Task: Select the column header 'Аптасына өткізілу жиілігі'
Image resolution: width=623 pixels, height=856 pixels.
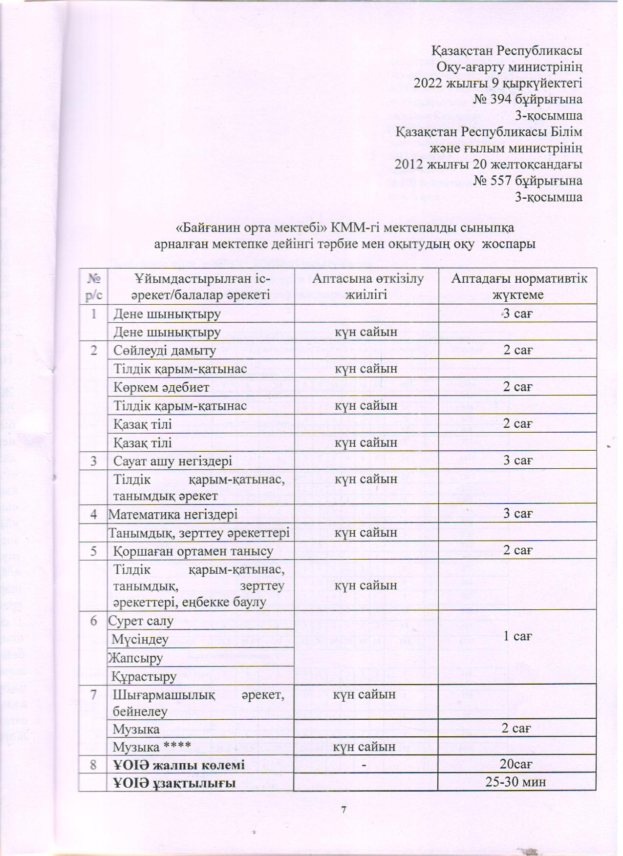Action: [x=366, y=286]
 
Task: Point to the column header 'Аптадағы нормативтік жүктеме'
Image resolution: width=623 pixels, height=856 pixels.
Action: [x=518, y=286]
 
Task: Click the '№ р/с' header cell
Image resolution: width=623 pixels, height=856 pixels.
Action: [x=93, y=286]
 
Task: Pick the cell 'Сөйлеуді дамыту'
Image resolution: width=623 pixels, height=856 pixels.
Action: [x=165, y=350]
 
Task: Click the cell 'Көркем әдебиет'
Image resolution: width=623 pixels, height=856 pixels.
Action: [x=161, y=387]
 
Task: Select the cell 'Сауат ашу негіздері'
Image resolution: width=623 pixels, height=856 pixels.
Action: [x=172, y=460]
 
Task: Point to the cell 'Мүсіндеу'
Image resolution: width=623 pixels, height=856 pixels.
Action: [x=141, y=639]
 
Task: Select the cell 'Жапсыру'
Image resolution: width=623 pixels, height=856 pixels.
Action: [x=135, y=658]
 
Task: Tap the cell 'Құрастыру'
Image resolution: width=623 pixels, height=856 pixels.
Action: [x=144, y=676]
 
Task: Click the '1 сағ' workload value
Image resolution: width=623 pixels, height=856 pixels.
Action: [x=517, y=636]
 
